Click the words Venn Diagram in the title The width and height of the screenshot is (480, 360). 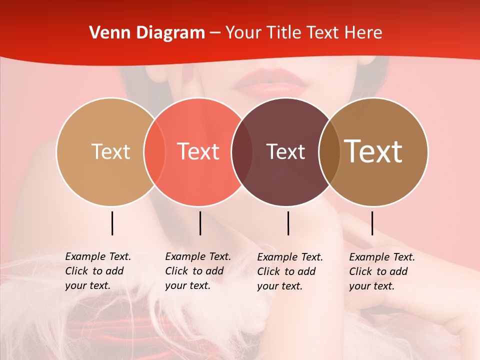coord(147,33)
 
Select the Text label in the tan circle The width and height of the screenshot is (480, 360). coord(110,151)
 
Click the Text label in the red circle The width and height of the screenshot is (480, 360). coord(198,151)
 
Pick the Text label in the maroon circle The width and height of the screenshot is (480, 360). coord(285,151)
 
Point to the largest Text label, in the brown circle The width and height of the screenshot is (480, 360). coord(373,151)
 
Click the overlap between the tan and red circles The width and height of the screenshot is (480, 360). coord(154,151)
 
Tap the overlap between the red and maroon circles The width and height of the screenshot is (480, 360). coord(242,151)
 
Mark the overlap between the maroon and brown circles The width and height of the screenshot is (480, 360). coord(329,151)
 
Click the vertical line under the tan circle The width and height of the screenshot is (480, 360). coord(112,223)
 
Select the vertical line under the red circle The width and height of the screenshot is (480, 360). coord(200,223)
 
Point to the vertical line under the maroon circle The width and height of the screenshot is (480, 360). coord(288,223)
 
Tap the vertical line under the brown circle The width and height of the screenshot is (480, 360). coord(372,223)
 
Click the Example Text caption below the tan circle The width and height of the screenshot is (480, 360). coord(97,271)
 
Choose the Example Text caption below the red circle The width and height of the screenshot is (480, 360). coord(197,271)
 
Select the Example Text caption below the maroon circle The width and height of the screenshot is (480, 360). coord(289,271)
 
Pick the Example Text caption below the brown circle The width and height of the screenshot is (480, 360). coord(381,271)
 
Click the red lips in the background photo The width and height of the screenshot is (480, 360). coord(270,82)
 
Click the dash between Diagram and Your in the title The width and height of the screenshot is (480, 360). coord(215,33)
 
